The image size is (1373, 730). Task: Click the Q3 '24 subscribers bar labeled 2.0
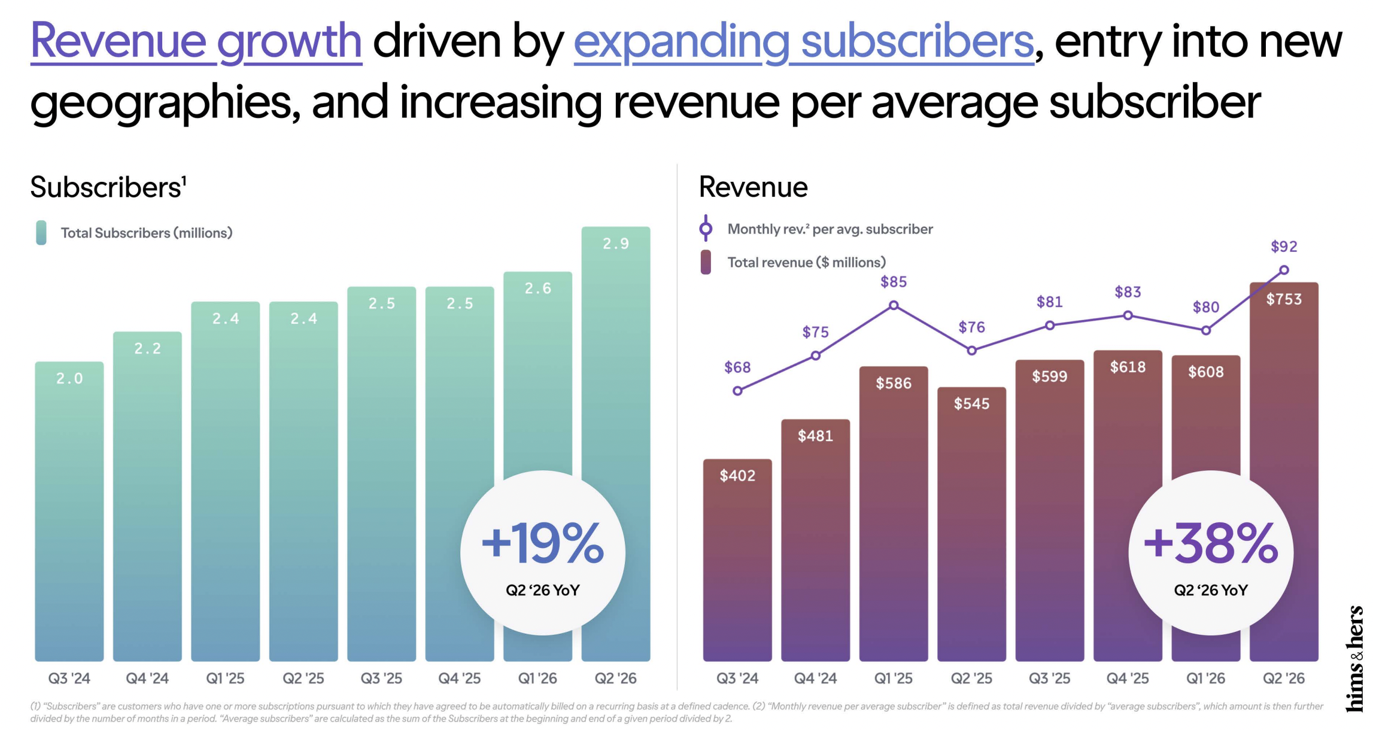pyautogui.click(x=69, y=511)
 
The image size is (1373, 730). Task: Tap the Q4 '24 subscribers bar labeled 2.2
pyautogui.click(x=147, y=496)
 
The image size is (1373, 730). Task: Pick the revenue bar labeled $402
pyautogui.click(x=737, y=560)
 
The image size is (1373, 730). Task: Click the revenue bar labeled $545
pyautogui.click(x=971, y=524)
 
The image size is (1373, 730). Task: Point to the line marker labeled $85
pyautogui.click(x=894, y=305)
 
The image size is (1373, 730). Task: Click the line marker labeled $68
pyautogui.click(x=737, y=391)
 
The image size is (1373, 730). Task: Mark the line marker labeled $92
pyautogui.click(x=1284, y=270)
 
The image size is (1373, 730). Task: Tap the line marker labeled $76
pyautogui.click(x=971, y=351)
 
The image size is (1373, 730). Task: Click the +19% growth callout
pyautogui.click(x=543, y=553)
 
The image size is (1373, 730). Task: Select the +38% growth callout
pyautogui.click(x=1211, y=553)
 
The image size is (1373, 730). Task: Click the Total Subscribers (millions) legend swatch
pyautogui.click(x=41, y=233)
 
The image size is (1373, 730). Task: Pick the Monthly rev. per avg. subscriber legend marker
pyautogui.click(x=706, y=229)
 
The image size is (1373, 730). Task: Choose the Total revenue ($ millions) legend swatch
pyautogui.click(x=706, y=262)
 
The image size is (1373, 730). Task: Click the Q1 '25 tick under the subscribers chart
pyautogui.click(x=225, y=679)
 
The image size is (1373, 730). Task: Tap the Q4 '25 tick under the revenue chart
pyautogui.click(x=1128, y=679)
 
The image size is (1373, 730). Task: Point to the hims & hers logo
pyautogui.click(x=1354, y=659)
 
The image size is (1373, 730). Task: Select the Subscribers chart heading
pyautogui.click(x=108, y=187)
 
